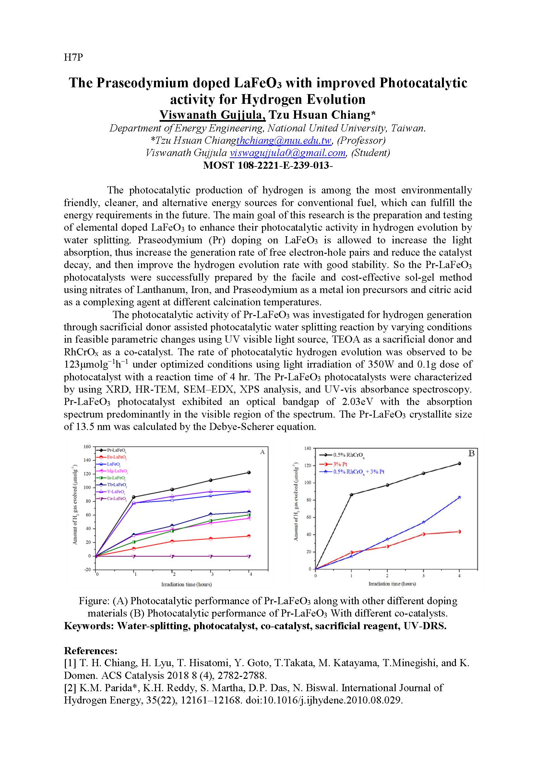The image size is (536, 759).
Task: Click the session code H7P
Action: point(73,57)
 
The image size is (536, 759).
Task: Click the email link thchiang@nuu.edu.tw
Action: point(284,141)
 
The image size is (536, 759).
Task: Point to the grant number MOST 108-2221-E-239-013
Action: point(267,165)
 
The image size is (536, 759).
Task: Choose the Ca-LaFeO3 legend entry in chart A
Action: point(116,498)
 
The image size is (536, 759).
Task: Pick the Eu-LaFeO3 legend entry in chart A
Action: point(116,457)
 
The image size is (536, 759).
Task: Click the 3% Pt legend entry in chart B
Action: point(340,464)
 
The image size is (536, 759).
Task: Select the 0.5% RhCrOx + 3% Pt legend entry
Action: point(358,472)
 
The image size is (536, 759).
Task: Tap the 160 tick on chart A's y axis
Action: point(87,447)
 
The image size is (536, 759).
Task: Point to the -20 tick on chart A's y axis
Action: point(87,569)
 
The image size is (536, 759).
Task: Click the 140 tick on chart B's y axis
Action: point(307,448)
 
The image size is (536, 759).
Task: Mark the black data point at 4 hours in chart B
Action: point(459,463)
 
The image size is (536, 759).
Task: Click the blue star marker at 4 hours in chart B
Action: point(459,497)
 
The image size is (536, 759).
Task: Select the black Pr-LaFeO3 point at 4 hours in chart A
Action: point(249,472)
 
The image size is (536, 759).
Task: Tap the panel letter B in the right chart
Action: point(471,453)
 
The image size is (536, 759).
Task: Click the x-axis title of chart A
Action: point(186,584)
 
